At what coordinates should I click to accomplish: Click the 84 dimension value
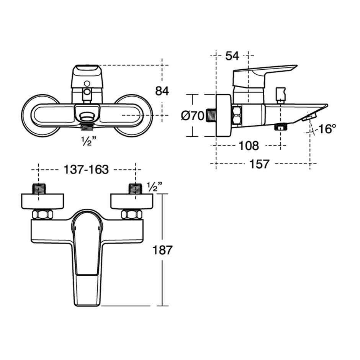162,91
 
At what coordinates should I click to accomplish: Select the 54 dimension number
232,56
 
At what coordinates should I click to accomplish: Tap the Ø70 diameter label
193,115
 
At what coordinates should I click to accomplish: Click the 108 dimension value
249,146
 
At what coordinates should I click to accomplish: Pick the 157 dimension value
259,164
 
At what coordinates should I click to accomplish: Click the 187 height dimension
163,250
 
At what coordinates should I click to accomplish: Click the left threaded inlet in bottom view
39,189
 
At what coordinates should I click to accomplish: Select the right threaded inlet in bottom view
135,189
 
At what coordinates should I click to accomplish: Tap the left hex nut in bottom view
42,214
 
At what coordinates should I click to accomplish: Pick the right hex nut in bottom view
132,214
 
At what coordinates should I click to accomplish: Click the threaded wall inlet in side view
211,115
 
